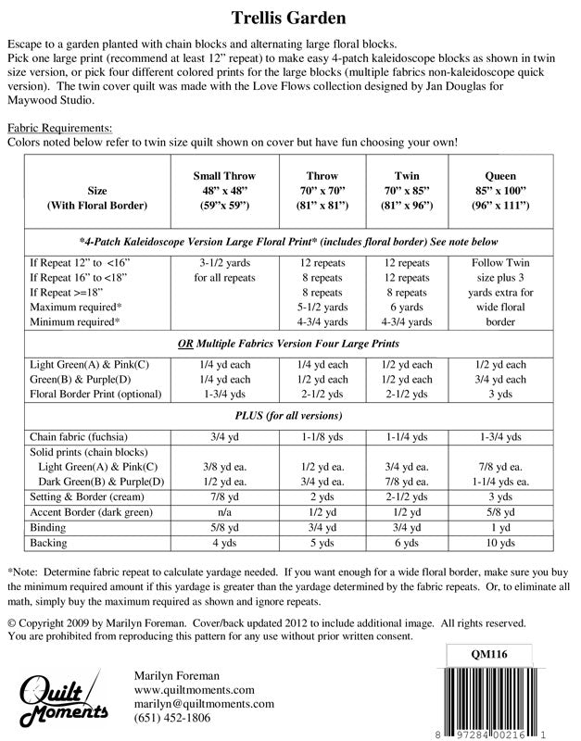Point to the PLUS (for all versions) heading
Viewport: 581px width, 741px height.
289,414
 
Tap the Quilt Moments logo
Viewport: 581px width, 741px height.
64,702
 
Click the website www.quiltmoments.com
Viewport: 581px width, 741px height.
195,689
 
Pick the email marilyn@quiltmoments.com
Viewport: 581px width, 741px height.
205,703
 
